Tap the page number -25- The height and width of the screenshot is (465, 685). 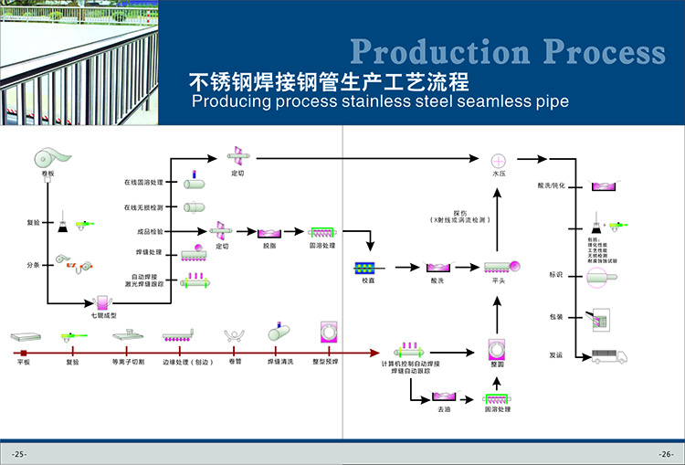(x=19, y=454)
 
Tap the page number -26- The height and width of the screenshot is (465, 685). (x=665, y=454)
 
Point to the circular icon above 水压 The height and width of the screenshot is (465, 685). (x=500, y=158)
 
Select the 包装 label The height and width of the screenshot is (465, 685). (x=556, y=318)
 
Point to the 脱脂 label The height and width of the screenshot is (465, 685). (x=269, y=246)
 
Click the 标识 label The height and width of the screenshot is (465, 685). (x=556, y=275)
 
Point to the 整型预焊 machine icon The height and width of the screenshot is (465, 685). (x=326, y=333)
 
